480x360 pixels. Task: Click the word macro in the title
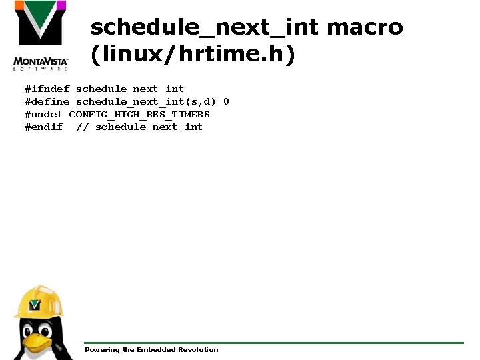(365, 27)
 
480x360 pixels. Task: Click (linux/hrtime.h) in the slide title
(193, 55)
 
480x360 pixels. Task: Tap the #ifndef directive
(47, 89)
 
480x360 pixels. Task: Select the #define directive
(47, 101)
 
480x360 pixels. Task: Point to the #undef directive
(44, 114)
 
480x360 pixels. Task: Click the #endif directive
(44, 127)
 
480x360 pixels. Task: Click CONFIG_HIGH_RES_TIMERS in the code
(139, 114)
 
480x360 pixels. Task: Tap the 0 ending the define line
(226, 101)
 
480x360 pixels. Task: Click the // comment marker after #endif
(82, 127)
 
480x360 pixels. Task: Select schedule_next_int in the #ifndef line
(130, 89)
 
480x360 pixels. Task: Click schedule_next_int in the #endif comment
(149, 127)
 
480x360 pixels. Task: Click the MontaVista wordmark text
(41, 60)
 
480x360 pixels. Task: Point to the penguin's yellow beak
(39, 342)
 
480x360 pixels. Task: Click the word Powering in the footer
(101, 349)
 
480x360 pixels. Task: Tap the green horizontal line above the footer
(273, 343)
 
